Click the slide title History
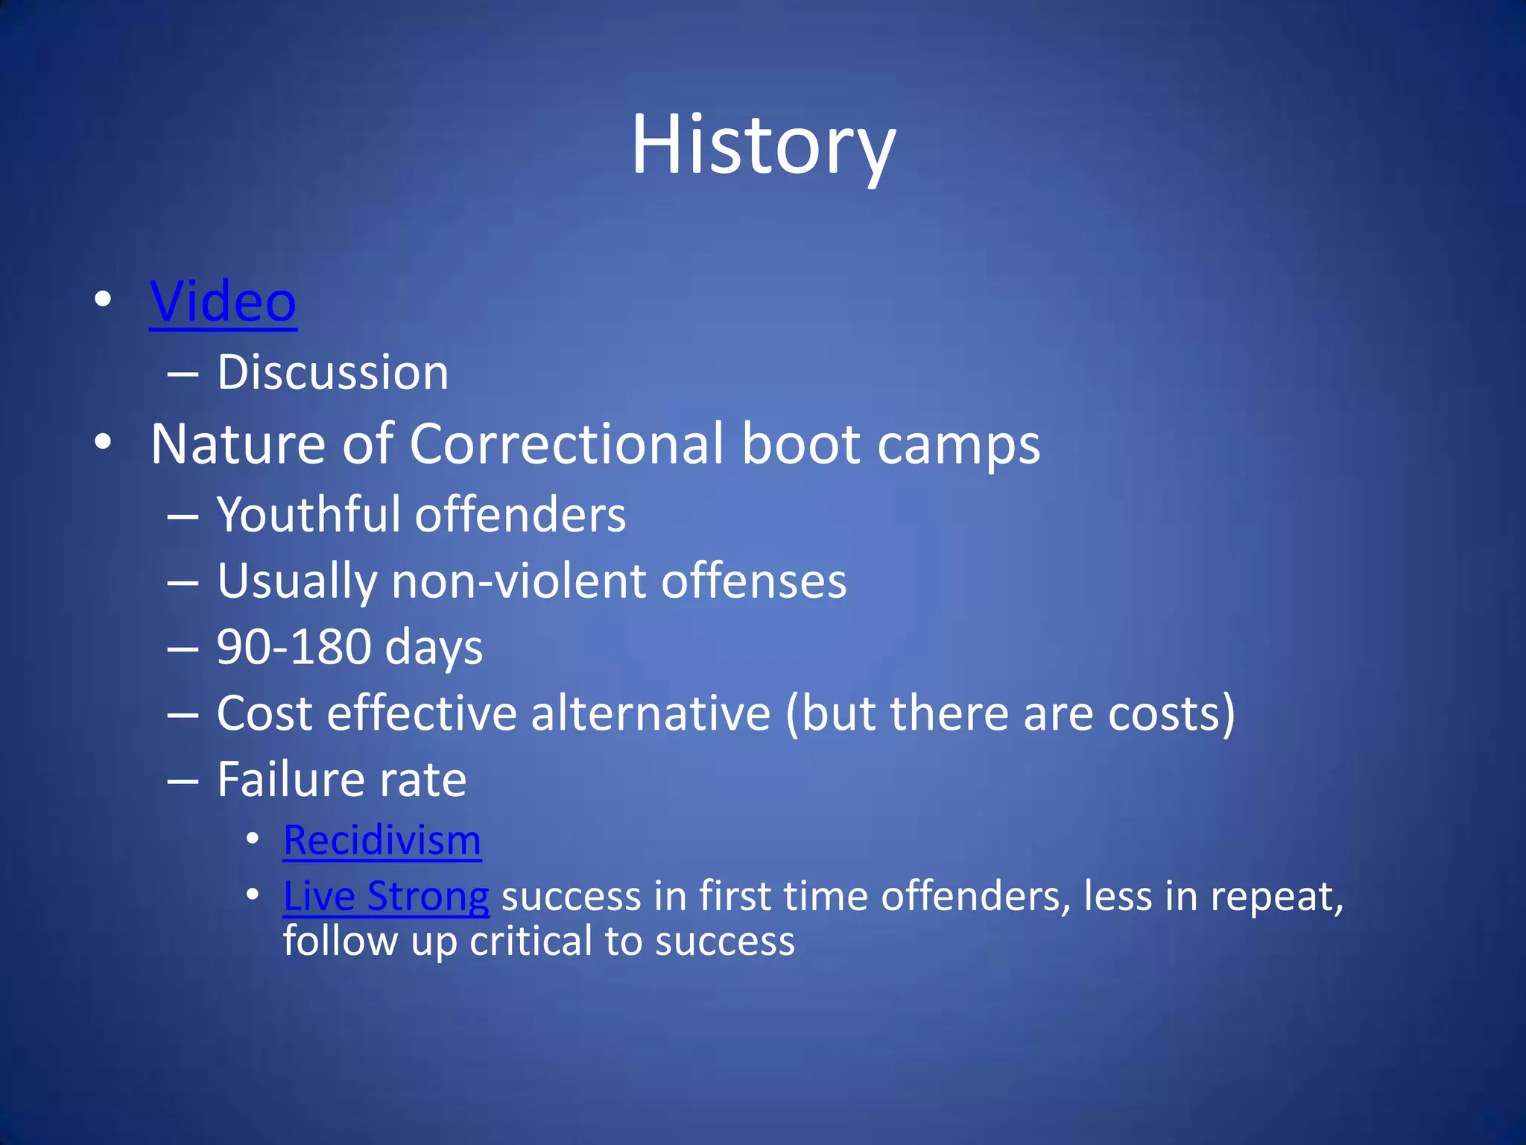click(x=763, y=145)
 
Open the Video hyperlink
click(x=223, y=302)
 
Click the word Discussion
click(x=332, y=372)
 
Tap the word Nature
click(x=238, y=444)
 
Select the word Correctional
click(x=566, y=444)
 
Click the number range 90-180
click(x=294, y=647)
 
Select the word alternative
click(x=650, y=713)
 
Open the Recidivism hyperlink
click(x=382, y=841)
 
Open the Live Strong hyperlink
click(x=386, y=896)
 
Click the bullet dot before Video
click(x=104, y=300)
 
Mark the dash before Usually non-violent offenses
click(x=183, y=582)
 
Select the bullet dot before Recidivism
click(x=253, y=839)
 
